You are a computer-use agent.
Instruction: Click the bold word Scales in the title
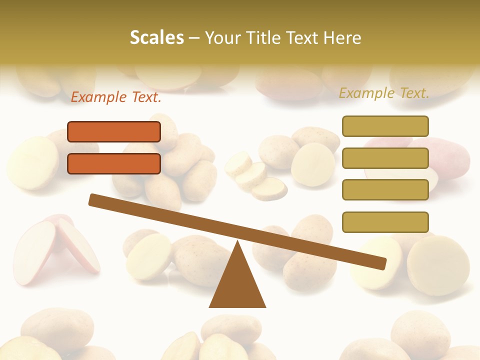tap(156, 37)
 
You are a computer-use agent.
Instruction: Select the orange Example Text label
tap(116, 97)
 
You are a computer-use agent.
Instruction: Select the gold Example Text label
tap(384, 93)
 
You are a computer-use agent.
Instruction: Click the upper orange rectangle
tap(114, 132)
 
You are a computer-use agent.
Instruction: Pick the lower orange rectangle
tap(114, 163)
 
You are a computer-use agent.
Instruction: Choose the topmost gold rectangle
tap(385, 126)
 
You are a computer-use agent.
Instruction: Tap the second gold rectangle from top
tap(385, 158)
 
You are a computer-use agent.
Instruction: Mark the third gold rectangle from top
tap(385, 190)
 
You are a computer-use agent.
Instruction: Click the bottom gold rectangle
tap(385, 222)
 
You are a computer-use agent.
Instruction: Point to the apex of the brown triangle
tap(237, 243)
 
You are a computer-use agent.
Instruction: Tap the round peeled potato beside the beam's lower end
tap(438, 265)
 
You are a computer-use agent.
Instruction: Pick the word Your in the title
tap(222, 37)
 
